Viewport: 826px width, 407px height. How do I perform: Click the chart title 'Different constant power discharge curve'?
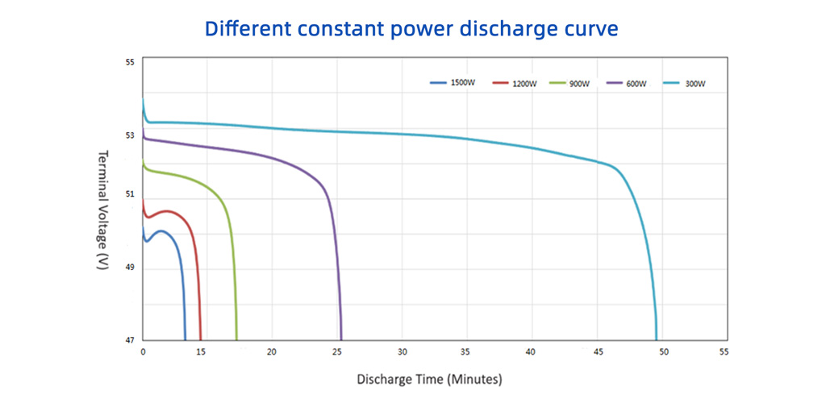pyautogui.click(x=411, y=29)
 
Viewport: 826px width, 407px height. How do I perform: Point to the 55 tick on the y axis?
pyautogui.click(x=130, y=62)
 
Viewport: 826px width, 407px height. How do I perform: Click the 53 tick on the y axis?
pyautogui.click(x=130, y=135)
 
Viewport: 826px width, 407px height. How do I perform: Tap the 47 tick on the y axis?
pyautogui.click(x=130, y=340)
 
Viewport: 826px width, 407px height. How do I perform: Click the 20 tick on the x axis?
pyautogui.click(x=272, y=353)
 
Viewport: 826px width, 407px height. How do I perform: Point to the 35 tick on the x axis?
pyautogui.click(x=465, y=353)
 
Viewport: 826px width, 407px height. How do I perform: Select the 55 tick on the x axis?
pyautogui.click(x=724, y=353)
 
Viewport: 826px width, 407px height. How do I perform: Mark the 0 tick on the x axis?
pyautogui.click(x=143, y=353)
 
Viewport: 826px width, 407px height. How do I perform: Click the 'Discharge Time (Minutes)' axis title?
pyautogui.click(x=429, y=379)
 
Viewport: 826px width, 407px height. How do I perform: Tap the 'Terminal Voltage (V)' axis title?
pyautogui.click(x=102, y=210)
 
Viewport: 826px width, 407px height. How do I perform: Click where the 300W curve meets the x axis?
pyautogui.click(x=657, y=339)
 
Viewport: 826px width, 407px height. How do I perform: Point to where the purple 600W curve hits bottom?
pyautogui.click(x=341, y=339)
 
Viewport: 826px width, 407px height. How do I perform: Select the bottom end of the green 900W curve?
pyautogui.click(x=236, y=339)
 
